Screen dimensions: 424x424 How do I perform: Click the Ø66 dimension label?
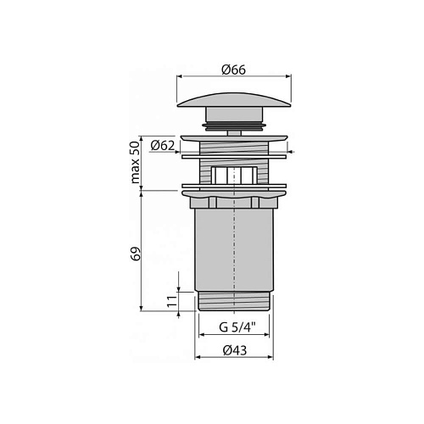tap(234, 70)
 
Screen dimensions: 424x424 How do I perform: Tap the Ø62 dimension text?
tap(163, 145)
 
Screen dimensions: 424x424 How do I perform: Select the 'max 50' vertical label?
tap(136, 163)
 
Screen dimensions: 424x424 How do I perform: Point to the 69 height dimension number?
tap(136, 254)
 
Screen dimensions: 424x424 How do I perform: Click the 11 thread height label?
tap(172, 301)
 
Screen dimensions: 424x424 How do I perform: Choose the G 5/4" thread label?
tap(237, 327)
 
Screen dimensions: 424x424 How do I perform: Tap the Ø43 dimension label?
tap(235, 350)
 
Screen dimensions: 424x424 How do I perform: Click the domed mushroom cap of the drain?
tap(234, 99)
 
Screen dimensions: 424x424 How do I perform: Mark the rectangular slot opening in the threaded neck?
tap(234, 175)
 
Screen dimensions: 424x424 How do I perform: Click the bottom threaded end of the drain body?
tap(234, 301)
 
